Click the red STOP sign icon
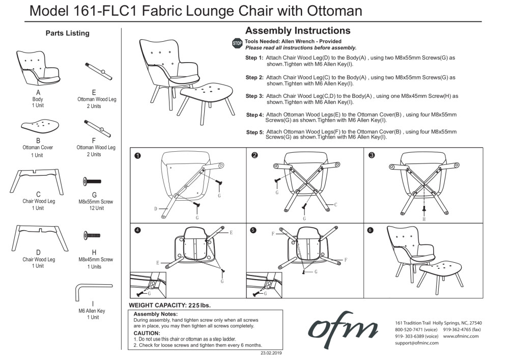237,44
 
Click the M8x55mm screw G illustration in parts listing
92,181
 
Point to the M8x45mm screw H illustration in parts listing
92,235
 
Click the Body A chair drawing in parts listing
38,68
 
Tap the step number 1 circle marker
137,155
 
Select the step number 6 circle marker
370,230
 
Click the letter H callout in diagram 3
424,219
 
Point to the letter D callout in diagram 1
155,209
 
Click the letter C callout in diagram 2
335,205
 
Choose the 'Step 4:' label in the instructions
254,115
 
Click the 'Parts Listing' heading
67,33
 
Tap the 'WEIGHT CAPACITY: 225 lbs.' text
170,306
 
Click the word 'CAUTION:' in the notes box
147,333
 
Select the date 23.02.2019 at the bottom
271,353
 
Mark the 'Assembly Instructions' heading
298,31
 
